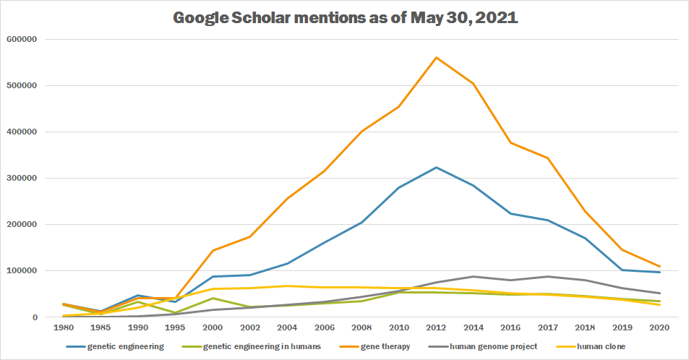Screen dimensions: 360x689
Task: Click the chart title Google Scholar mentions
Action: click(345, 18)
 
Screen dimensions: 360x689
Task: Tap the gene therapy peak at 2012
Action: click(436, 57)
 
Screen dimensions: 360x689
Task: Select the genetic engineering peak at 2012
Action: click(436, 167)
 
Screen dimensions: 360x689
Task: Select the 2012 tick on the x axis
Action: click(436, 327)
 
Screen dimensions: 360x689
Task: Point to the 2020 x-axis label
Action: click(659, 327)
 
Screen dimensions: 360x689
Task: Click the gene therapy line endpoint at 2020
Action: click(659, 267)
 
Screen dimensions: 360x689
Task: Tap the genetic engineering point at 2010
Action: click(398, 187)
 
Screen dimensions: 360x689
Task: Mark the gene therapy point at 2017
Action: click(548, 158)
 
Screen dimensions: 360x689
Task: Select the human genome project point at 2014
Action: click(473, 276)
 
